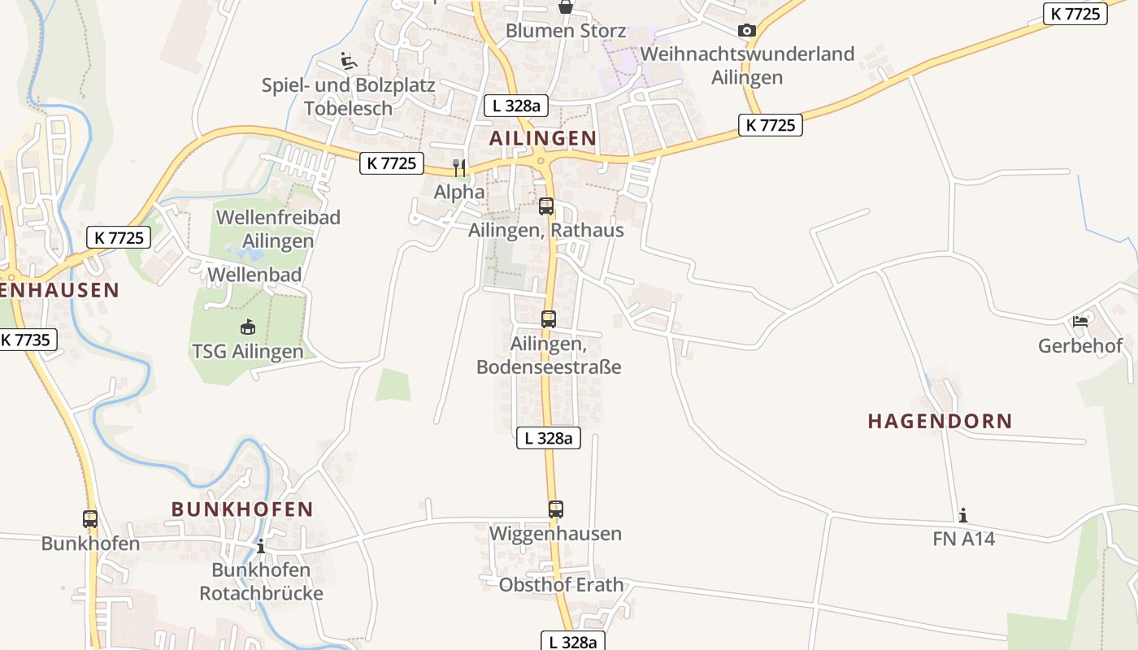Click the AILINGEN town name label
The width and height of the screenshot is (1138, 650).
coord(543,138)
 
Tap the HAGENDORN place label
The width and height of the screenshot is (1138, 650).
coord(940,421)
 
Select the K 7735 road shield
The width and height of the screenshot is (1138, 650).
coord(25,340)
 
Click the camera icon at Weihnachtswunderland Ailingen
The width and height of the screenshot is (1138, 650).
coord(746,31)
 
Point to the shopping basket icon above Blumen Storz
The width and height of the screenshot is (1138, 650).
coord(566,6)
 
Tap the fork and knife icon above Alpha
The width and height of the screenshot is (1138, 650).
coord(460,167)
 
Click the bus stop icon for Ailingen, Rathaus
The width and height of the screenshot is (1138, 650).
coord(546,206)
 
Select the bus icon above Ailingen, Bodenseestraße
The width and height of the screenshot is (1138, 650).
coord(549,319)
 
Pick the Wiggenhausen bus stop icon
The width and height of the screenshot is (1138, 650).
coord(556,509)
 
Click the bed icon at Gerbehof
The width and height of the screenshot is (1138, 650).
coord(1080,321)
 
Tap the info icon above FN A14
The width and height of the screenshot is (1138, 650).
coord(963,515)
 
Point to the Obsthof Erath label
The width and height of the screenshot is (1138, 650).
coord(562,585)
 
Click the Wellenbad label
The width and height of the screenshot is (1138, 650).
coord(254,275)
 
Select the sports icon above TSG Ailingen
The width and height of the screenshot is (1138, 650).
coord(247,327)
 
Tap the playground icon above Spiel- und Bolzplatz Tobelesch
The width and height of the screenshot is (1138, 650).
coord(348,60)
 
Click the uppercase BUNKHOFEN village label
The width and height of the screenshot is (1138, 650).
coord(242,509)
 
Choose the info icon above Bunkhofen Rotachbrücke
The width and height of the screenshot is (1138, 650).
coord(260,546)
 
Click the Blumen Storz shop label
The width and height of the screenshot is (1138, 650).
coord(566,31)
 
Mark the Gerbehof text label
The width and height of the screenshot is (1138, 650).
coord(1080,346)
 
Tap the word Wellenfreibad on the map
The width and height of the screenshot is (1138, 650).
coord(278,217)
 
